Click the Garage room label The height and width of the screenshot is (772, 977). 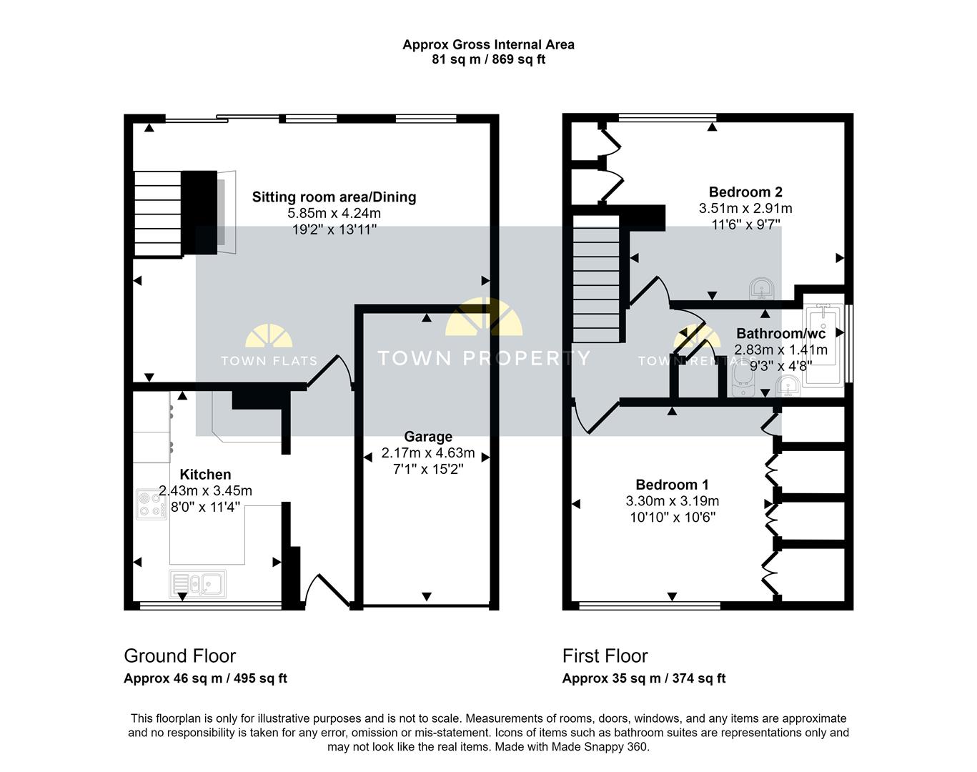(428, 437)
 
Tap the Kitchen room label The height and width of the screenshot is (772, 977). (205, 475)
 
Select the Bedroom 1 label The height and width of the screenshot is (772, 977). (672, 485)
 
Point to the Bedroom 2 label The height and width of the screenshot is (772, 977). (745, 192)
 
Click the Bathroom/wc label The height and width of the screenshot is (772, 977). (780, 334)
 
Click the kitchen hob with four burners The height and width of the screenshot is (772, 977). (151, 504)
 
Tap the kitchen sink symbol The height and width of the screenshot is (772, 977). (197, 584)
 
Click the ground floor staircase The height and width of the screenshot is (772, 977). (158, 213)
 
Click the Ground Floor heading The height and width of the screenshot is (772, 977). (179, 656)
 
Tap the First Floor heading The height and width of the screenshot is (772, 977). (605, 656)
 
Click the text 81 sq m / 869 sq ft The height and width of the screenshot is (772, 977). (488, 59)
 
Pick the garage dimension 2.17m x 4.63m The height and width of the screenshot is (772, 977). (428, 453)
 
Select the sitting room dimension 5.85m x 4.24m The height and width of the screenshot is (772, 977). (334, 214)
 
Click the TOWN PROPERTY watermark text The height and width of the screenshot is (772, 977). (484, 358)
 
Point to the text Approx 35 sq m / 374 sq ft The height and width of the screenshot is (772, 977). (643, 678)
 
